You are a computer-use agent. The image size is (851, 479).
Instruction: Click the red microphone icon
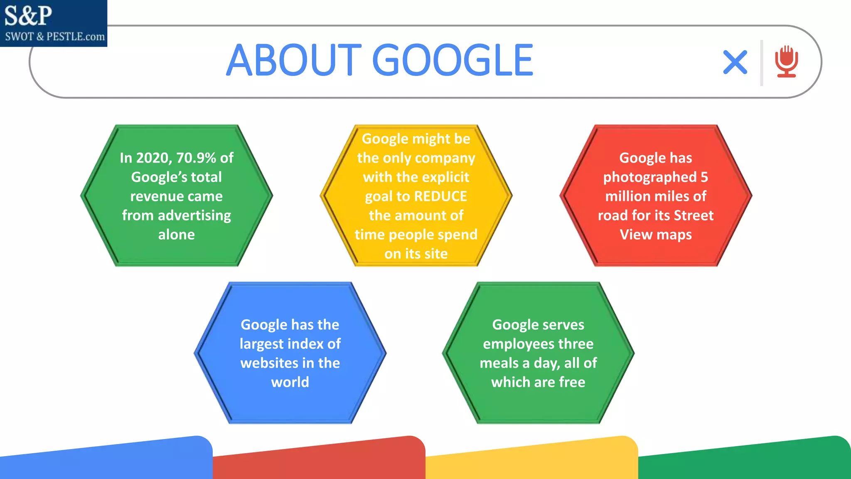[786, 62]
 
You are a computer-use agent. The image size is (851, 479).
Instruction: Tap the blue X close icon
[735, 62]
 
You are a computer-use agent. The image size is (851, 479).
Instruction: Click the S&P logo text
[28, 16]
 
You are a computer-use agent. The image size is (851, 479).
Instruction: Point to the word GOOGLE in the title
[453, 61]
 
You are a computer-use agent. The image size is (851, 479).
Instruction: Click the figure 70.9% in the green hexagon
[196, 158]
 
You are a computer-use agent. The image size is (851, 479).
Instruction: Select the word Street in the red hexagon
[694, 215]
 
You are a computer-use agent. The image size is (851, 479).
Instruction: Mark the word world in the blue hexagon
[290, 382]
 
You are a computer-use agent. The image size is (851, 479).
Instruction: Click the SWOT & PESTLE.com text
[55, 37]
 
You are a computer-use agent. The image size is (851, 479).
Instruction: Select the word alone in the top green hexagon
[177, 235]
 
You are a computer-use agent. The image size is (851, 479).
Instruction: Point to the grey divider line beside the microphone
[762, 63]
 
